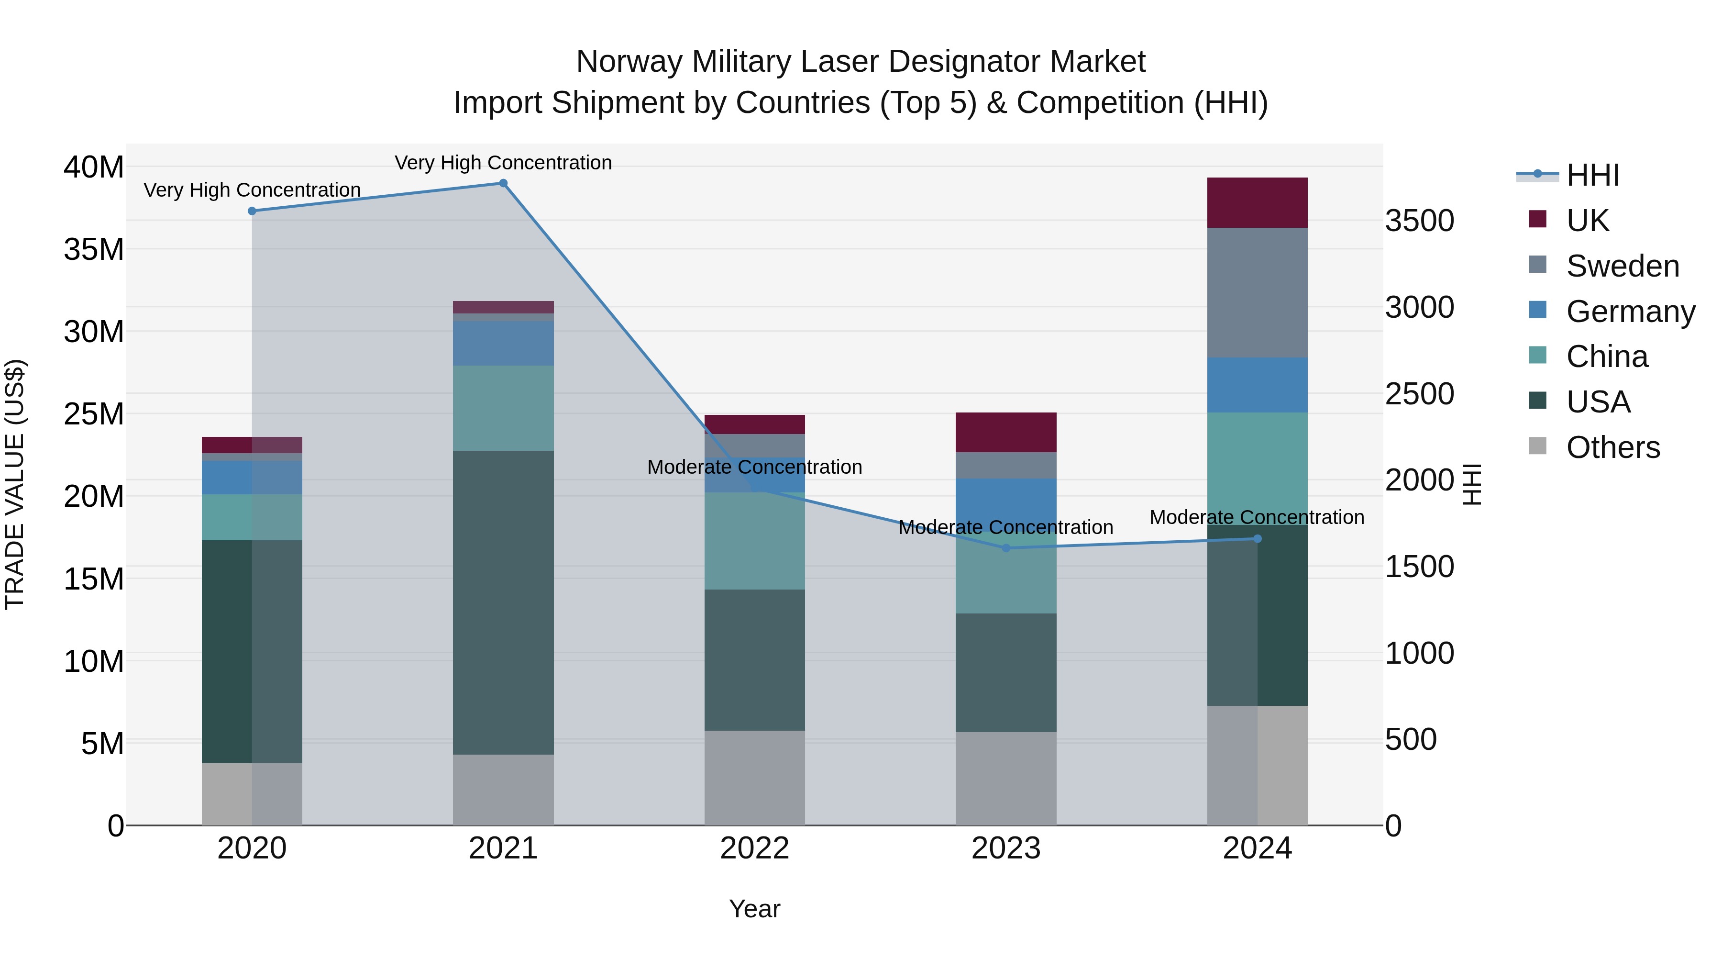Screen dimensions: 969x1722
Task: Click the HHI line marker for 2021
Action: [x=503, y=183]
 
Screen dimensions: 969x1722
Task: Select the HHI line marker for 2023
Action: [x=1006, y=548]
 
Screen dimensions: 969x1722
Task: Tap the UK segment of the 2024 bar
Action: [x=1257, y=202]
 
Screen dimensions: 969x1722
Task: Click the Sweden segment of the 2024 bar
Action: [x=1257, y=292]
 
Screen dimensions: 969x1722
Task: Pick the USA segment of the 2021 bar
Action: [x=503, y=602]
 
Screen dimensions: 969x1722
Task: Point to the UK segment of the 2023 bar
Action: [x=1006, y=432]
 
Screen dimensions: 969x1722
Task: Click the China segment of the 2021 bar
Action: [x=503, y=408]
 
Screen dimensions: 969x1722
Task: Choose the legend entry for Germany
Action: [x=1629, y=312]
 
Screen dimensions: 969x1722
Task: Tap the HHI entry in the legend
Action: [x=1591, y=175]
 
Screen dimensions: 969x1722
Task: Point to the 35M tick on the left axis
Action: [x=94, y=249]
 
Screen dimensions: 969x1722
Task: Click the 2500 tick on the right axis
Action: [x=1419, y=394]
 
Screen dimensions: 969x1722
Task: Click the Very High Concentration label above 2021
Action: [x=503, y=163]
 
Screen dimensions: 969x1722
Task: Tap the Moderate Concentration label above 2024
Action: [x=1257, y=517]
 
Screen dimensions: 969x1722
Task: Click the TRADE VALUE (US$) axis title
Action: [x=15, y=484]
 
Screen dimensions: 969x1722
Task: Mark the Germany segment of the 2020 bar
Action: [x=252, y=478]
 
